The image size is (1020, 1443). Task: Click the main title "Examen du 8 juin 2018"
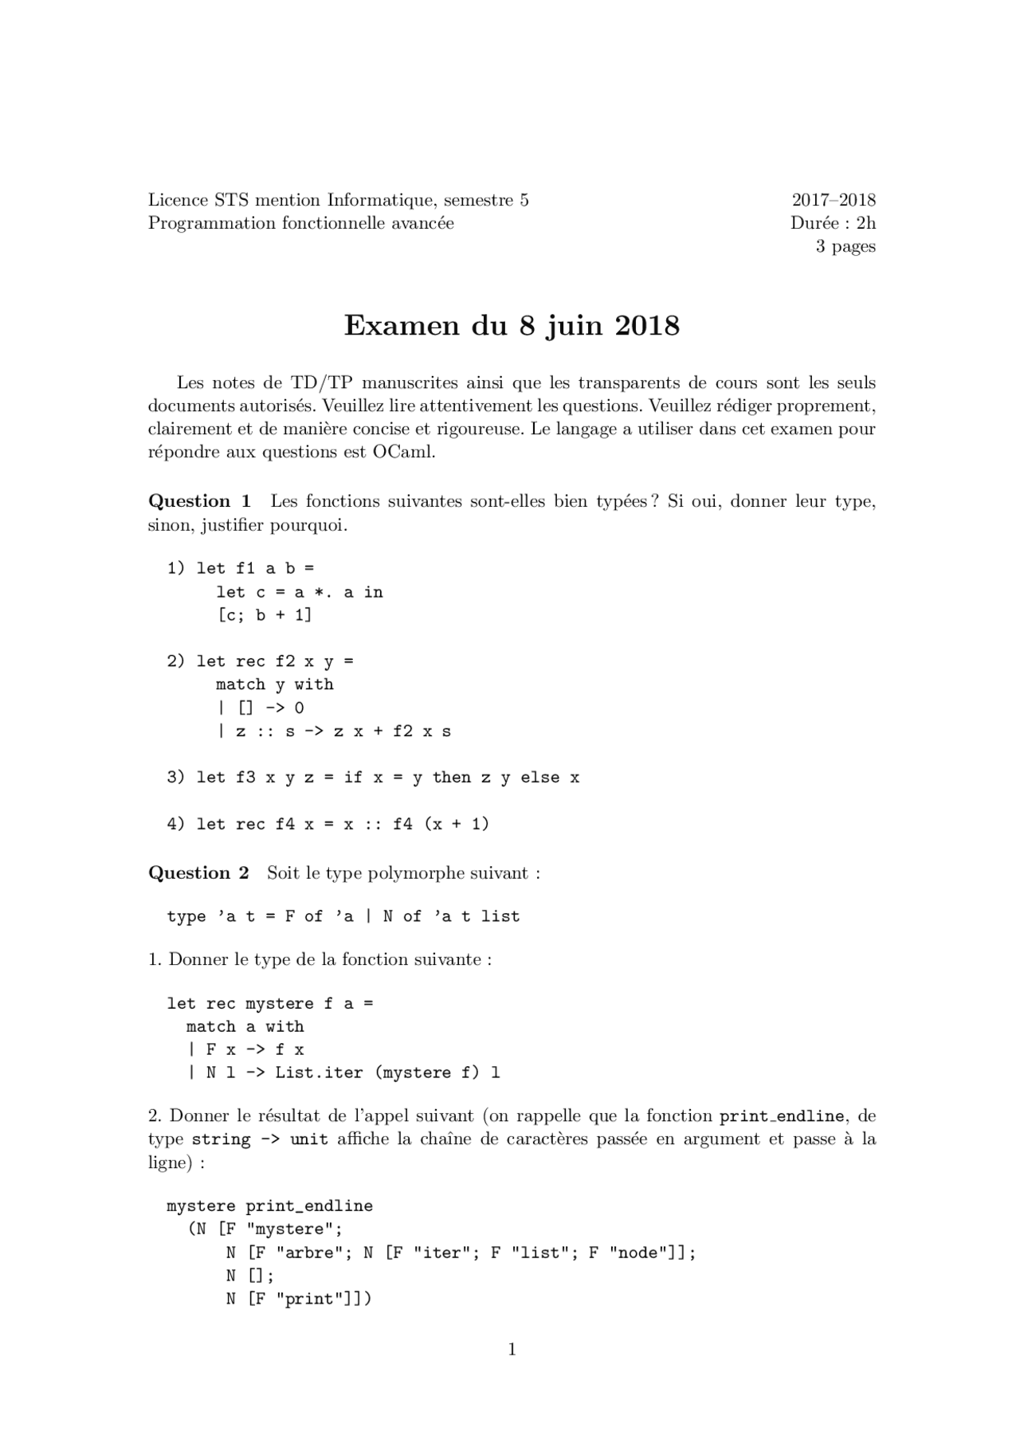(512, 326)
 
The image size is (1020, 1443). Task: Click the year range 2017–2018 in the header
(833, 200)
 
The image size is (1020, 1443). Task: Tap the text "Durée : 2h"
(833, 223)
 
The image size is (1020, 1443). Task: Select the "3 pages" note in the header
(845, 246)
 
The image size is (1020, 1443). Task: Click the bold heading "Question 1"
(199, 501)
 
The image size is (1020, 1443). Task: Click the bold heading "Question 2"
(198, 872)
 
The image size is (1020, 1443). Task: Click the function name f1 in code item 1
(245, 568)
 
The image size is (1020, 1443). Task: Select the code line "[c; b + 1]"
(264, 614)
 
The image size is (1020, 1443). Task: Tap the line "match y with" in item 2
(274, 684)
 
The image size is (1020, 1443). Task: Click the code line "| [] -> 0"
(261, 708)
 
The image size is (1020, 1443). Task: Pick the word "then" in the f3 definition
(451, 777)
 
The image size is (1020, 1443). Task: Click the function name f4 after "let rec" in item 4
(284, 824)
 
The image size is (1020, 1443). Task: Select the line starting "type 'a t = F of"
(343, 916)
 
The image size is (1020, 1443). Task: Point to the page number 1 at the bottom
(512, 1349)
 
